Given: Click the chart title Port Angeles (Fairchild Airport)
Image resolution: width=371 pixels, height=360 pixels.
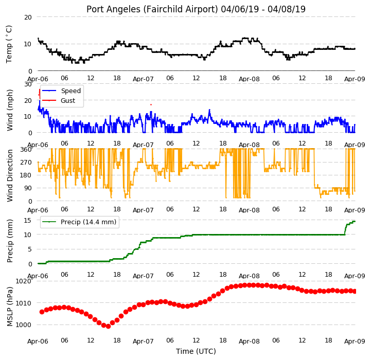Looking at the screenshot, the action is pos(152,9).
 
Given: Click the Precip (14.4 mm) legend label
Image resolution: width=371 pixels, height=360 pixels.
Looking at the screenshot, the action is pos(89,222).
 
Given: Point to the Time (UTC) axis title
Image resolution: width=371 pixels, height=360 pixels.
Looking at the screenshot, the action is pos(196,351).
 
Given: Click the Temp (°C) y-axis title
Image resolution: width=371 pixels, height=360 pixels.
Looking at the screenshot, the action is pos(9,44).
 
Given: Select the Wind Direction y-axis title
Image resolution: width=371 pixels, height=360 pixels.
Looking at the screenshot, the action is pos(10,175).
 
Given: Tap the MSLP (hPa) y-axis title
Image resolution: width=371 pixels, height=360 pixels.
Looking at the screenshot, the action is pos(10,307).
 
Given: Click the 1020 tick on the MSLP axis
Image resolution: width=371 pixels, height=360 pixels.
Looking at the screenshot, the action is pos(24,281).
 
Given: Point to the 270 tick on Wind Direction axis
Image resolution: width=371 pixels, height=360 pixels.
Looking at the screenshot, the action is pos(26,163).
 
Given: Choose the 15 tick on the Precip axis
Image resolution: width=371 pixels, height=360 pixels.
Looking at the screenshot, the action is pos(28,221).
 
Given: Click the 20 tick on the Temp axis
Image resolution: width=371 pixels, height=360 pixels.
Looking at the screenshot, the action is pos(28,17).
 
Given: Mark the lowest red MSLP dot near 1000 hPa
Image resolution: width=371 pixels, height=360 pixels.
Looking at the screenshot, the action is pos(108,327).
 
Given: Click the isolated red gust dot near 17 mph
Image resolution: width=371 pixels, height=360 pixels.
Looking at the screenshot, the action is pos(151,104).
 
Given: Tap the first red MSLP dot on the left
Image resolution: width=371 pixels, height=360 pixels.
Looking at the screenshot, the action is pos(42,312).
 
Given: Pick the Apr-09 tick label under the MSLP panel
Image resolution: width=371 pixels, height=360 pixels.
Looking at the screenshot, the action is pos(355,341).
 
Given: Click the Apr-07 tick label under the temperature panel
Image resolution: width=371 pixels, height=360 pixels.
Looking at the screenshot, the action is pos(143,79).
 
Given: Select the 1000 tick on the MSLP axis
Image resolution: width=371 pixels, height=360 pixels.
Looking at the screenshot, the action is pos(24,325).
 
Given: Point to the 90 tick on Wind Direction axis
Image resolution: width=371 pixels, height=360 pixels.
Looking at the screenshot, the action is pos(28,188).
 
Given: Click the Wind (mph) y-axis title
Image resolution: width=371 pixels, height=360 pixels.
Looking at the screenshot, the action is pos(10,110).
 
